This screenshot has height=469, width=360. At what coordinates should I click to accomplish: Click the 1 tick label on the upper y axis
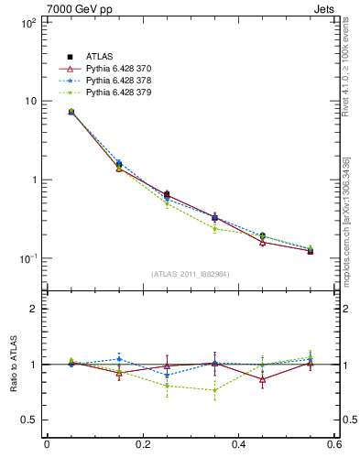32,180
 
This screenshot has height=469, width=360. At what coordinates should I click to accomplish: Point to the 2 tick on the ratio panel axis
32,309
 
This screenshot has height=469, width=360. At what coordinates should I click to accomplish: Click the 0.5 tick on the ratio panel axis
27,420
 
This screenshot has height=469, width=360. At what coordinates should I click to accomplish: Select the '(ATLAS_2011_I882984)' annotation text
191,274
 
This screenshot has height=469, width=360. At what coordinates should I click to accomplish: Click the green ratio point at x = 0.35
214,390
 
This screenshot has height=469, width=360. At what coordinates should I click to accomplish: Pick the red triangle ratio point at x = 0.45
262,379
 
